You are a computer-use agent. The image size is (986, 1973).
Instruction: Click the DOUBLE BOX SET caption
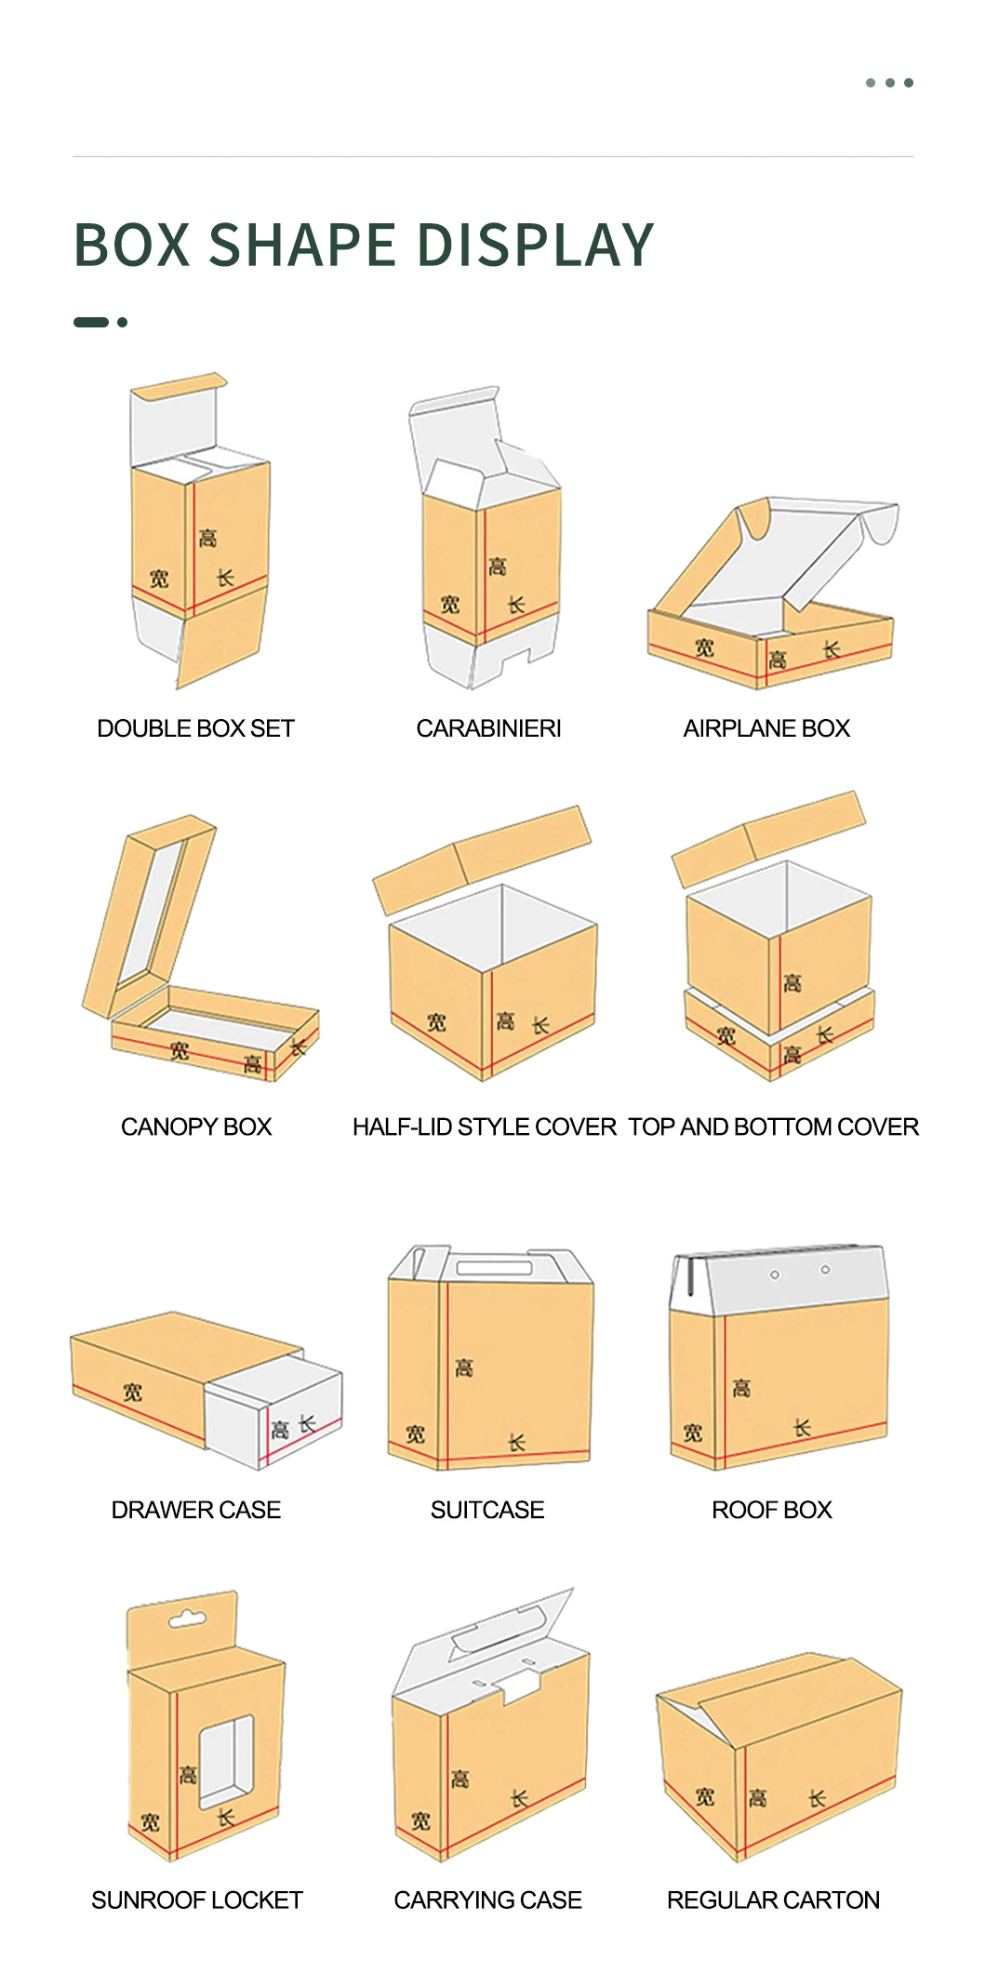(195, 728)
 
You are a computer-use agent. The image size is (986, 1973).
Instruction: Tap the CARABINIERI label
(488, 728)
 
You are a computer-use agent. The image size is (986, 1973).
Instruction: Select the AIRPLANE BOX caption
(766, 728)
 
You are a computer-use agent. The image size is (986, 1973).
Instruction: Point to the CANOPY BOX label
(196, 1126)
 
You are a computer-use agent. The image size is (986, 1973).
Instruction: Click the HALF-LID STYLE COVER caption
(484, 1126)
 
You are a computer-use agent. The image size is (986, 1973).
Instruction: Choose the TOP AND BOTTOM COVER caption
(773, 1126)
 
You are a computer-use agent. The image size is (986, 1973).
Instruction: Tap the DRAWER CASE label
(196, 1510)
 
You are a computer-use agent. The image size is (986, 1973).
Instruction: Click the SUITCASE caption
(487, 1510)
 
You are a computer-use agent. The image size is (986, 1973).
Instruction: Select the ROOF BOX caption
(772, 1510)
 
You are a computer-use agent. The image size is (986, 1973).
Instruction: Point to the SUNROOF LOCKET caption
(197, 1900)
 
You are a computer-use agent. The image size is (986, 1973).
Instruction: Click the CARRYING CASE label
(487, 1900)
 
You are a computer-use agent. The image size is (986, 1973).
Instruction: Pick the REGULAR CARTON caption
(773, 1900)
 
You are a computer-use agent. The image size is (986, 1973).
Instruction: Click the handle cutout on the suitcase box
(493, 1268)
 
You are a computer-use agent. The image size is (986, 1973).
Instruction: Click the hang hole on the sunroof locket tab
(186, 1620)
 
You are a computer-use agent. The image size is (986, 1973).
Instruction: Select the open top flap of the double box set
(174, 419)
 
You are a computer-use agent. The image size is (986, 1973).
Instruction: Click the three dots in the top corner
(889, 83)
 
